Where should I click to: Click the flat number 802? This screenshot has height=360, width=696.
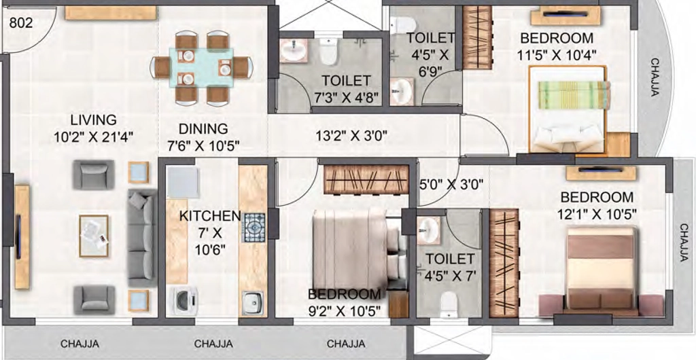point(21,22)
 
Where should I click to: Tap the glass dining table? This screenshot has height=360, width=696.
point(201,67)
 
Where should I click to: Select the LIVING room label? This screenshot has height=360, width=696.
point(94,120)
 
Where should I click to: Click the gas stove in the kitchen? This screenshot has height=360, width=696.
point(253,228)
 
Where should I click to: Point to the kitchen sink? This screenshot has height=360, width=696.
point(253,303)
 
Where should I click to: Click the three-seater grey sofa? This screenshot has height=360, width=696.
point(142,238)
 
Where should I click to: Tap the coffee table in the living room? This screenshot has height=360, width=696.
point(94,236)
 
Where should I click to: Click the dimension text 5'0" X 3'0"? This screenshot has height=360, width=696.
point(451,183)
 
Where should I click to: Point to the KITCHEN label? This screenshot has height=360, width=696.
point(210,217)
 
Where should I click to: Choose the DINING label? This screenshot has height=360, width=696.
point(203,128)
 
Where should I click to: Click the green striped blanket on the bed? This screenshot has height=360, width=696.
point(574,95)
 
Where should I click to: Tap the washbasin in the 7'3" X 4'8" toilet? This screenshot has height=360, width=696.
point(294,50)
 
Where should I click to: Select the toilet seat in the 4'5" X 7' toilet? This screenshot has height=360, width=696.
point(449,304)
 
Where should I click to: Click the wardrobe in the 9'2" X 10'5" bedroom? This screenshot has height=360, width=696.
point(366,179)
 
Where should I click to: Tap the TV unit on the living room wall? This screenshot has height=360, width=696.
point(22,237)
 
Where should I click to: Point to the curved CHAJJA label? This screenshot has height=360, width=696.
point(656,77)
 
